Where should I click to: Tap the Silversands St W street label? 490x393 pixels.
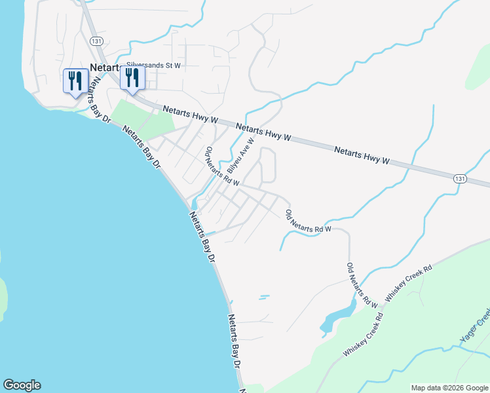point(153,65)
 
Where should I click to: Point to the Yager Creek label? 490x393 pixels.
point(474,327)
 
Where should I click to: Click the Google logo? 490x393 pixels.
point(22,385)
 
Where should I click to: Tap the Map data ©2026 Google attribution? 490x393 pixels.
point(450,388)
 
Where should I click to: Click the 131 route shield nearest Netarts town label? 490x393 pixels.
point(96,41)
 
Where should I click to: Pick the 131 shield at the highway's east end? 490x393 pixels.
point(461,178)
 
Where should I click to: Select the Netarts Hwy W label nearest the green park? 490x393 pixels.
point(190,114)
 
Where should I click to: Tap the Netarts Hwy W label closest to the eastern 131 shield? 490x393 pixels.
point(362,155)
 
